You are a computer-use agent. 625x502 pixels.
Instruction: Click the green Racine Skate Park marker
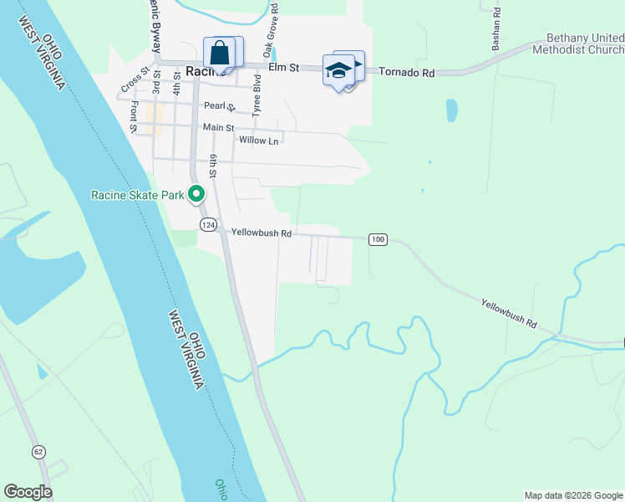[x=197, y=194]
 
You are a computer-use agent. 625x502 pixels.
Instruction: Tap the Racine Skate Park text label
[x=137, y=195]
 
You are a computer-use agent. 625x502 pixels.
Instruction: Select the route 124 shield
[x=208, y=224]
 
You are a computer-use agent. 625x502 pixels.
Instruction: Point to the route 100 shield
[x=378, y=240]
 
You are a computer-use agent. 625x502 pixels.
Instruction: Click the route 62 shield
[x=39, y=453]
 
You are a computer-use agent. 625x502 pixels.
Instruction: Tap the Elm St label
[x=282, y=67]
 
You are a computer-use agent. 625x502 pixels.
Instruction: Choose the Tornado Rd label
[x=407, y=73]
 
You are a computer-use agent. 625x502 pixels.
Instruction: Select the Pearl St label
[x=220, y=107]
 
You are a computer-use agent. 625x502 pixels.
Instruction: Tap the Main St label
[x=218, y=127]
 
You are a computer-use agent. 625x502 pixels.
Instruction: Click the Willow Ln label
[x=258, y=141]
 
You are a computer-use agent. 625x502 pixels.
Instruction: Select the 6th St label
[x=214, y=166]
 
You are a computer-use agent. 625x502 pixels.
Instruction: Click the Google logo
[x=28, y=492]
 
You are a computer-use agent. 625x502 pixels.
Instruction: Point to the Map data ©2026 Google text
[x=572, y=495]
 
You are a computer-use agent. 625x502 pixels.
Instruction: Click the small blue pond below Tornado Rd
[x=452, y=110]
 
